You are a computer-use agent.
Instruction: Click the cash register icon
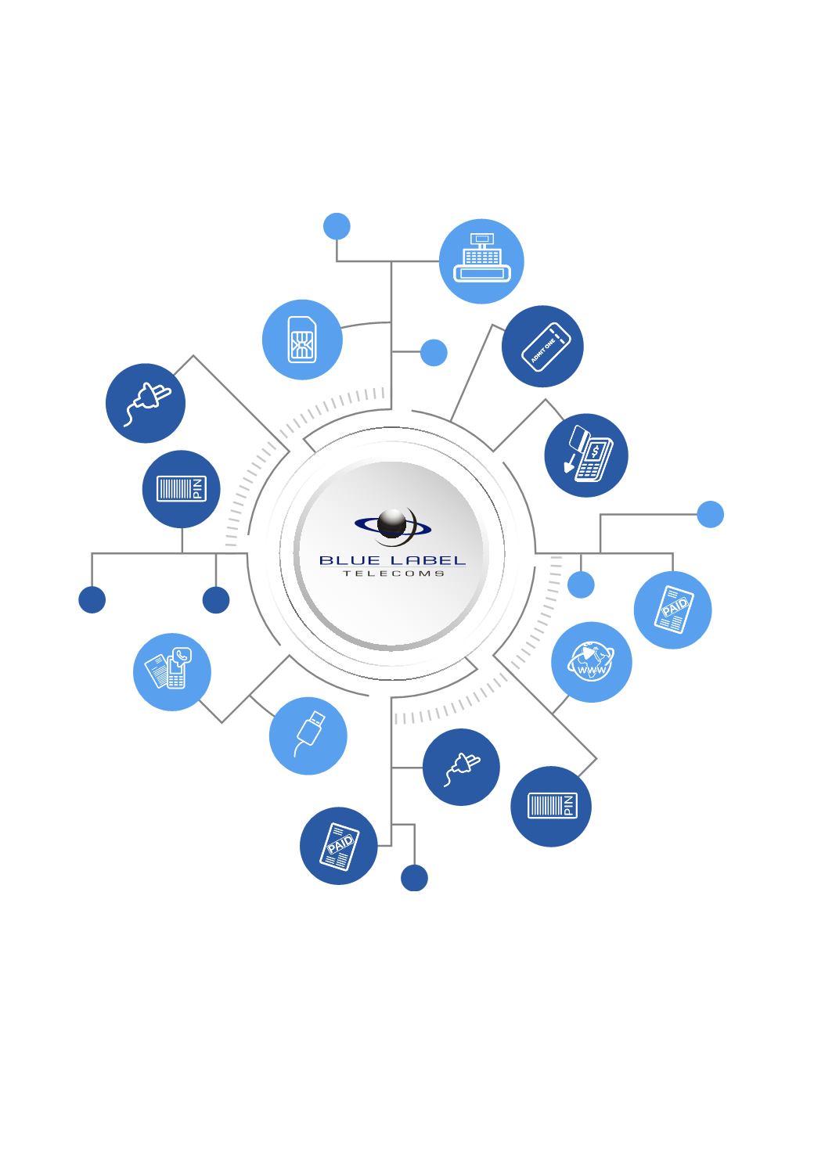tap(481, 257)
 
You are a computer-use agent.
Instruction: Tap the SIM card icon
tap(302, 340)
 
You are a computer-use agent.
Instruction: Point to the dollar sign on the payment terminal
tap(595, 451)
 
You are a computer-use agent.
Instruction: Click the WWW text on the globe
tap(592, 669)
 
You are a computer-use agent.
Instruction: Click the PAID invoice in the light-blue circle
tap(673, 609)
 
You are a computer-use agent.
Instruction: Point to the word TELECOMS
tap(393, 574)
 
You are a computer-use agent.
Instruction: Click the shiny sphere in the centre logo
tap(392, 523)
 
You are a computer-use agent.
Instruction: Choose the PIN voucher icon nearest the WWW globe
tap(553, 805)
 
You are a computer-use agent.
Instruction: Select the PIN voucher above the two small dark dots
tap(182, 488)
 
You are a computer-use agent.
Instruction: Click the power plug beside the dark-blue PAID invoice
tap(462, 768)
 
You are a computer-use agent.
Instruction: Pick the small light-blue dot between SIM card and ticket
tap(434, 352)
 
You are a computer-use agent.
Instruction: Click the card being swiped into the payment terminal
tap(579, 437)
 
